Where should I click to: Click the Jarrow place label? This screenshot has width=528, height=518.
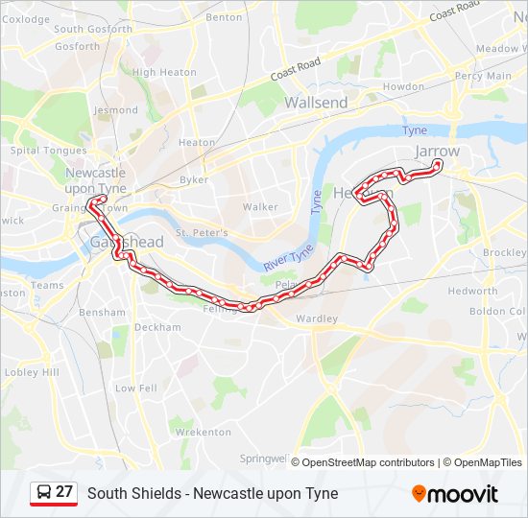437,152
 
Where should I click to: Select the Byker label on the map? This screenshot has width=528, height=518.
193,179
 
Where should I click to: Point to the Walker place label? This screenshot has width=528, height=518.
260,206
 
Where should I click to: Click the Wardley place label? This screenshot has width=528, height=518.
318,318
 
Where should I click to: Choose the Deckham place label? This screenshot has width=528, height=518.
157,327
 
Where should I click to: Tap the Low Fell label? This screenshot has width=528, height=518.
136,388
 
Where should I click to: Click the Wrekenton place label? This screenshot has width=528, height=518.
202,432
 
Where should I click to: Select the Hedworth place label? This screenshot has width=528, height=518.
472,291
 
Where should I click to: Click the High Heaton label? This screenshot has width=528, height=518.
164,72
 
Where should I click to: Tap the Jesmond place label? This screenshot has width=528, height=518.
116,110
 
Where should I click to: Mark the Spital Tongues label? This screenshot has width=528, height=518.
48,151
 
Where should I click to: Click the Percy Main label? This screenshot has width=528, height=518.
483,76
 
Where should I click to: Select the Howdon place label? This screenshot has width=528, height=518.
403,86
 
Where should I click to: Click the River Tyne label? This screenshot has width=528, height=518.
287,255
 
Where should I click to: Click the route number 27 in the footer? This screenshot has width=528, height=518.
64,492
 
